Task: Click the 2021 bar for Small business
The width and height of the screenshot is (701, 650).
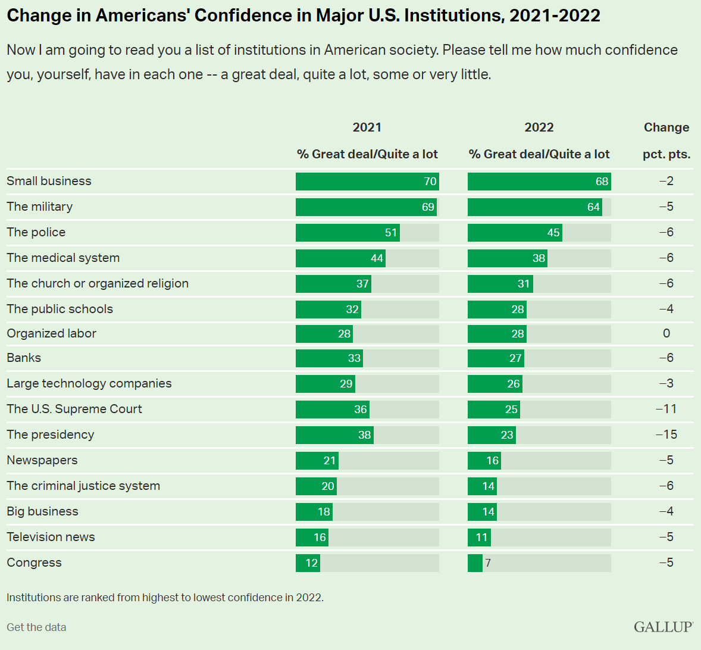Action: point(367,182)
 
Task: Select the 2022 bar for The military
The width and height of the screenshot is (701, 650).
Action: point(534,207)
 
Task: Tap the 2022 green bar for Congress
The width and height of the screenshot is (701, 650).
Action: point(475,563)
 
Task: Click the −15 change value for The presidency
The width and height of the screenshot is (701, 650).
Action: point(666,435)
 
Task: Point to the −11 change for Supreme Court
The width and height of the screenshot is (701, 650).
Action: point(666,409)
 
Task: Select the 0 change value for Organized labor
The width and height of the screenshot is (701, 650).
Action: point(666,333)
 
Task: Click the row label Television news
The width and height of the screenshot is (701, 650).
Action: point(51,537)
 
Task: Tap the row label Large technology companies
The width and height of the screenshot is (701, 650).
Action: point(89,383)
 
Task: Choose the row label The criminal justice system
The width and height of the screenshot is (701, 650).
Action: point(83,486)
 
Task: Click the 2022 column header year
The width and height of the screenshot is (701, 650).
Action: point(539,127)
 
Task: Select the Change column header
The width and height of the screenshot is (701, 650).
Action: point(666,127)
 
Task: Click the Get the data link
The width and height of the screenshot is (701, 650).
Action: point(36,627)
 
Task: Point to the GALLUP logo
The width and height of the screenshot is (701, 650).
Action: point(664,627)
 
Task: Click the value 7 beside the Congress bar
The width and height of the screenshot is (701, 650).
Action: point(488,563)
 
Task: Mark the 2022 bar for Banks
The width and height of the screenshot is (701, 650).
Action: point(496,358)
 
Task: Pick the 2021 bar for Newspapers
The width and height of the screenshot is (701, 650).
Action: point(317,461)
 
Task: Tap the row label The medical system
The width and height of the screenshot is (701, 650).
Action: point(63,258)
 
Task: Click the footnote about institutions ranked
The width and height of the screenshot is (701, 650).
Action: point(165,598)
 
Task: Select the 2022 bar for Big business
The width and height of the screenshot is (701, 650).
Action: point(482,512)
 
